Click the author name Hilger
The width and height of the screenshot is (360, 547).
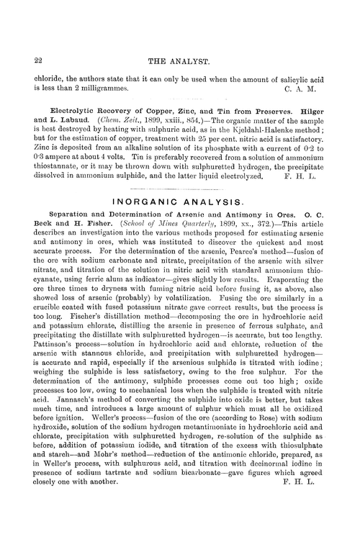(x=304, y=124)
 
